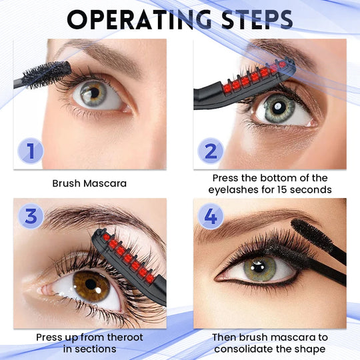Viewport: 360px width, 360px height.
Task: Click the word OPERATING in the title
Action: coord(139,20)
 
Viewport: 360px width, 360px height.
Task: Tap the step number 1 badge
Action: coord(30,151)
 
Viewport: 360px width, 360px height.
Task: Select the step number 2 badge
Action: coord(211,151)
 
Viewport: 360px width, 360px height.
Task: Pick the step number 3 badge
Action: coord(31,216)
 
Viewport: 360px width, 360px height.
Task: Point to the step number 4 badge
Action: coord(211,216)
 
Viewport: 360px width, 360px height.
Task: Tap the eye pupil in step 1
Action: coord(95,92)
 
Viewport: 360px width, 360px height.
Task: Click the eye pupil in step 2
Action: coord(279,107)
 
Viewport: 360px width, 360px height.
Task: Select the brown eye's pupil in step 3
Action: coord(91,284)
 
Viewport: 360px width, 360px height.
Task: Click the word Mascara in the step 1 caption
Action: coord(105,183)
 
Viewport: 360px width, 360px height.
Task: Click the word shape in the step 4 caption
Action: coord(310,349)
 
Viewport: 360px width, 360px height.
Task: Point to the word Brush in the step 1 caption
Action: coord(67,183)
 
